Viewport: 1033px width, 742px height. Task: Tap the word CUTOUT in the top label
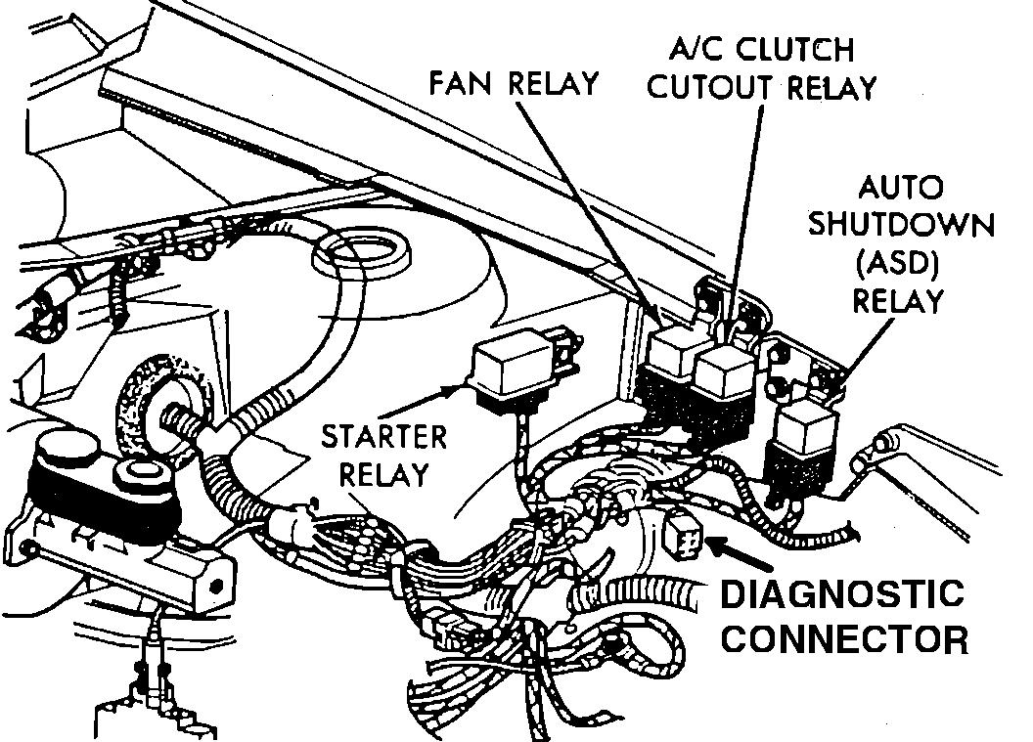[x=701, y=88]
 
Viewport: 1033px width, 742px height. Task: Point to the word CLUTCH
[x=791, y=49]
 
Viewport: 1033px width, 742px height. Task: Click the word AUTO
[x=901, y=188]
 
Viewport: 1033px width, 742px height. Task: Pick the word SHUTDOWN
[x=901, y=225]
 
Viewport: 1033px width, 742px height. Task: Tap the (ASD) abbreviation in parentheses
[x=901, y=262]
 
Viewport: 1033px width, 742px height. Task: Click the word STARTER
[x=384, y=436]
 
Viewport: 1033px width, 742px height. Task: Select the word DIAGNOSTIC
[x=842, y=592]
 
